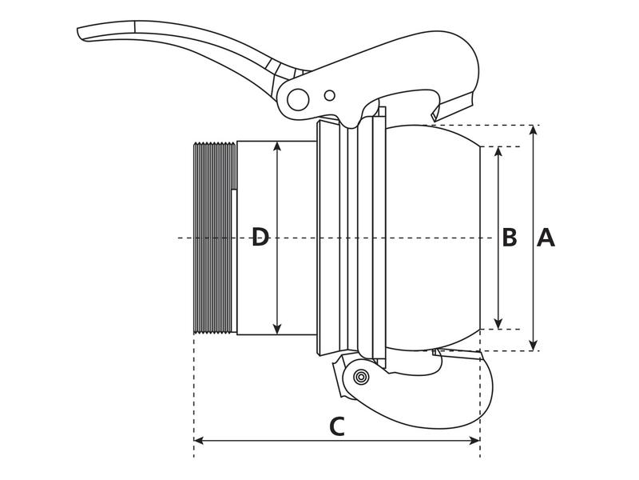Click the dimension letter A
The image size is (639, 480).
pos(546,238)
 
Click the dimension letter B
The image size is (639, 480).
pos(510,238)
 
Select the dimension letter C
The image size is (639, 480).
pos(337,426)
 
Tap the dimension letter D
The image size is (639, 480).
pos(260,238)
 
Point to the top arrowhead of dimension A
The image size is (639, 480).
pos(534,130)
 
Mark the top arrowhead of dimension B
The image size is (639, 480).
pos(498,151)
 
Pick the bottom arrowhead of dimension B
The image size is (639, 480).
pos(498,324)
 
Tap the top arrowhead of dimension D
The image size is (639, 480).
pos(277,146)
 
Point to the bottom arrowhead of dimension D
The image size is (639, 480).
pos(277,330)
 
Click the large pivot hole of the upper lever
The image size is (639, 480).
pos(298,99)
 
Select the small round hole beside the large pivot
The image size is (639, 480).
pos(329,96)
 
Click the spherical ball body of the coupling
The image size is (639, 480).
pos(431,238)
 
